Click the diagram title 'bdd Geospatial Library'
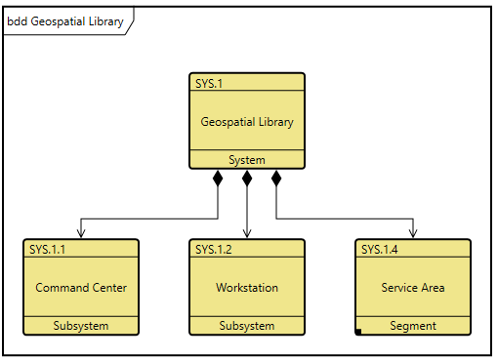(x=65, y=21)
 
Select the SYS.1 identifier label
(x=209, y=83)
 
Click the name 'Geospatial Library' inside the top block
(x=247, y=122)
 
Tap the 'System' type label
(x=247, y=160)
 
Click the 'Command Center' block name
(x=81, y=288)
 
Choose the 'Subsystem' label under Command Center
(x=81, y=326)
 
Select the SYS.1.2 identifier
(x=214, y=249)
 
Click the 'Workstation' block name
(x=247, y=288)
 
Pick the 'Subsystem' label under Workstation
(x=247, y=326)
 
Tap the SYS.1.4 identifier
(x=380, y=249)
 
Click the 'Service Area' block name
(x=413, y=288)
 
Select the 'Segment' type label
(x=413, y=326)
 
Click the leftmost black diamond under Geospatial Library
(x=218, y=179)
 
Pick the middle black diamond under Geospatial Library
(x=247, y=179)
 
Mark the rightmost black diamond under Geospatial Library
(x=276, y=179)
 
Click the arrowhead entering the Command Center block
(x=81, y=233)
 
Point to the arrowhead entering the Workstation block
(x=247, y=233)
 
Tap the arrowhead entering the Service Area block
(x=413, y=233)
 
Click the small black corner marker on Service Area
(x=358, y=332)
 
